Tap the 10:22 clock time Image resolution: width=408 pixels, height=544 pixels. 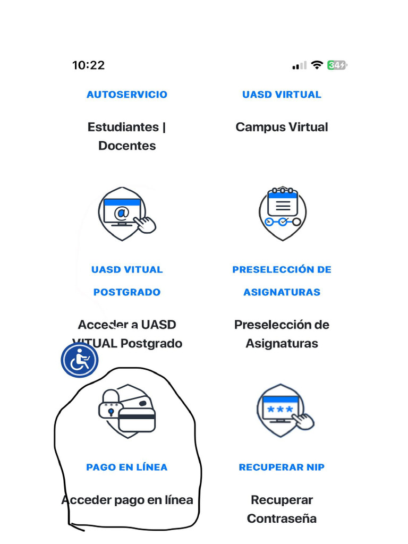point(88,65)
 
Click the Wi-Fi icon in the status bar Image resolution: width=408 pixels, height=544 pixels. point(317,65)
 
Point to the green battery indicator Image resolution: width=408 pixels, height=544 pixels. point(337,65)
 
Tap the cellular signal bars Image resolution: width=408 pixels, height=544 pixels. point(299,66)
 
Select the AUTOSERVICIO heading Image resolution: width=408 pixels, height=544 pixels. point(127,95)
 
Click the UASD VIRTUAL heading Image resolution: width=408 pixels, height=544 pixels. point(282,95)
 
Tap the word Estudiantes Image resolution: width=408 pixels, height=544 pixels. point(123,127)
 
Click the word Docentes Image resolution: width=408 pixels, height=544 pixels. point(127,146)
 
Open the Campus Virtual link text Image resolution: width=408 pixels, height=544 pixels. point(282,127)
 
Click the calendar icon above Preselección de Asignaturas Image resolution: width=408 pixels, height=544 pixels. point(282,212)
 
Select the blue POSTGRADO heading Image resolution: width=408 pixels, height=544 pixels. point(127,292)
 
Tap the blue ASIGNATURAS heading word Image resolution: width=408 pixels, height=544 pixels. point(282,292)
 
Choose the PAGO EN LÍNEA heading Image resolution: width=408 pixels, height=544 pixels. point(127,467)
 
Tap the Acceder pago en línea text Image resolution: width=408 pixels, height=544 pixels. point(127,500)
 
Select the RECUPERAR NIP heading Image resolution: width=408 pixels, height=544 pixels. point(282,467)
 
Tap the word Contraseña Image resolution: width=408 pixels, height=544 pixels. point(282,518)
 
